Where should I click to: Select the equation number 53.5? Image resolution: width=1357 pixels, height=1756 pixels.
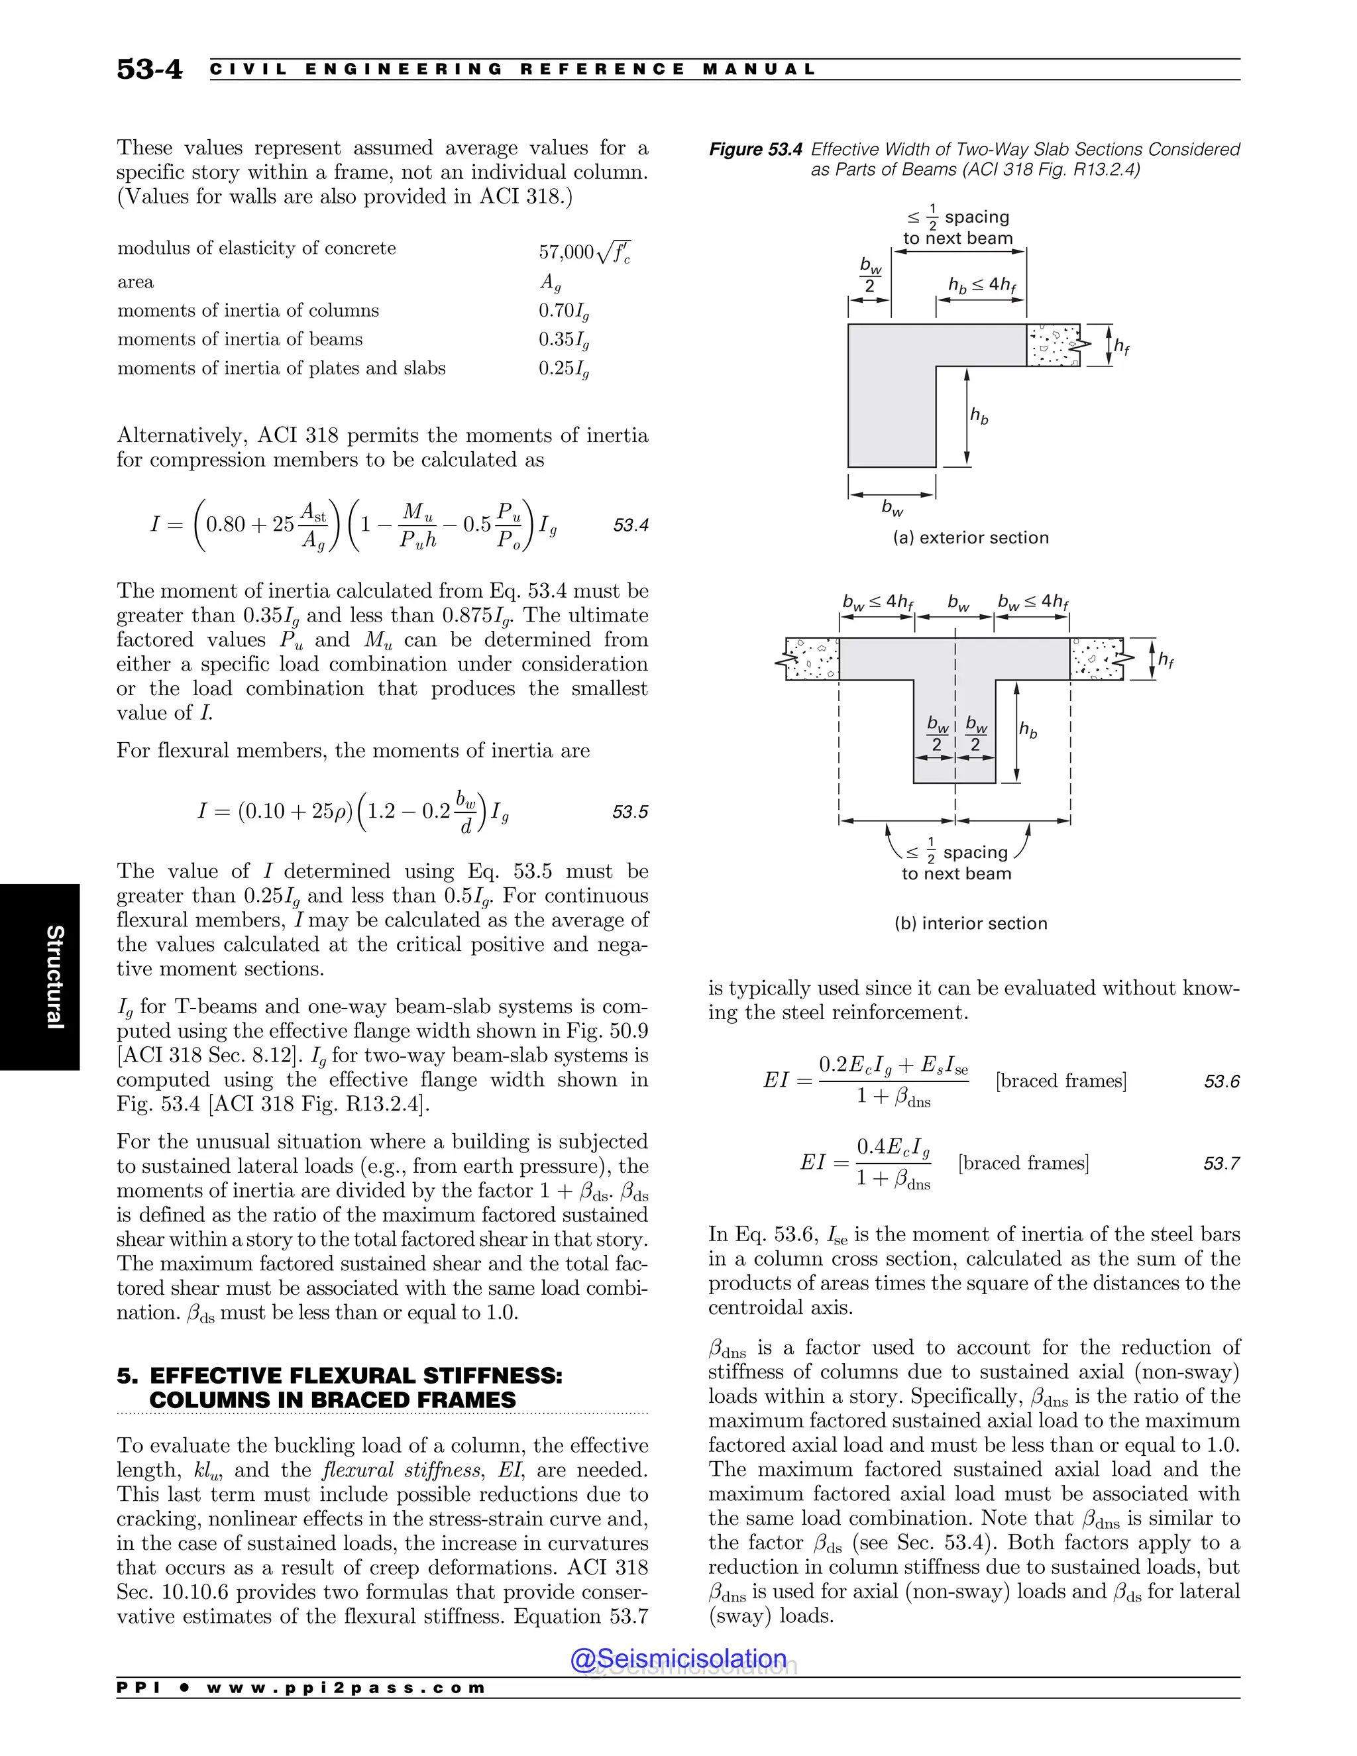click(630, 812)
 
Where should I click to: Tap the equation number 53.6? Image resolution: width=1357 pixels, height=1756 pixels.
click(1221, 1081)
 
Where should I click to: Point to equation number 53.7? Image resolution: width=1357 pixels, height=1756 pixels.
click(1221, 1164)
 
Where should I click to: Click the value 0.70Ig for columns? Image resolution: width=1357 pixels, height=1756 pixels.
click(564, 311)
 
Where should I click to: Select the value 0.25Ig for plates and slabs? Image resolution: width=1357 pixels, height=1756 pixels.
click(564, 369)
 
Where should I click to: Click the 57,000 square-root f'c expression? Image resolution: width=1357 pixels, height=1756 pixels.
click(584, 252)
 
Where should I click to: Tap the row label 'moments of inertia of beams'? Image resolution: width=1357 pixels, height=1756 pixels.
click(240, 339)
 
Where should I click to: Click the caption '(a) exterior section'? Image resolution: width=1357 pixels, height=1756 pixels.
click(970, 538)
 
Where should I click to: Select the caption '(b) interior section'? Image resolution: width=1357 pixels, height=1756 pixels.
click(970, 923)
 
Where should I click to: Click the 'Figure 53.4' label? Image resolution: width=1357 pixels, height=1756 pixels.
click(755, 150)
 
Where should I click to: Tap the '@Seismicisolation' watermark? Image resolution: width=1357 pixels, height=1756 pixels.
click(678, 1659)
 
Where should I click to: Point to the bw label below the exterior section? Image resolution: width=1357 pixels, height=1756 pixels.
click(893, 508)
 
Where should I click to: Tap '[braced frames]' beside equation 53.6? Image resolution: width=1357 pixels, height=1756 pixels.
click(1061, 1081)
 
